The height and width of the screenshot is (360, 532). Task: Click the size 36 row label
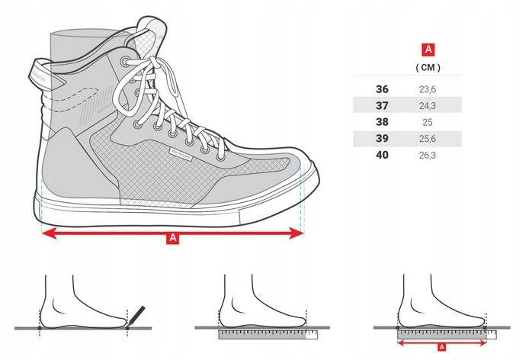pos(382,88)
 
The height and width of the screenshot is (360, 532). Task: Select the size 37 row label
pos(382,104)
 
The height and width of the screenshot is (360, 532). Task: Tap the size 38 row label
pos(382,121)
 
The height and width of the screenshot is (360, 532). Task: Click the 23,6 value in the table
pos(428,88)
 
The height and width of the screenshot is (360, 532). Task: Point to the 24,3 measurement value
pos(428,104)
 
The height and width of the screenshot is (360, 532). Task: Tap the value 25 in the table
pos(428,121)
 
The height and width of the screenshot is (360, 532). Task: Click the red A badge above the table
pos(428,50)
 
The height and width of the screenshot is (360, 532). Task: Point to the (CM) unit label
pos(428,67)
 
